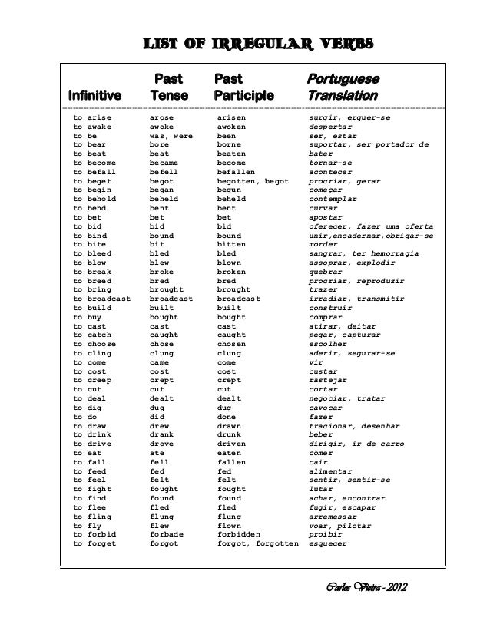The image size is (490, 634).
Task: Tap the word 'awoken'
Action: [x=235, y=127]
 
